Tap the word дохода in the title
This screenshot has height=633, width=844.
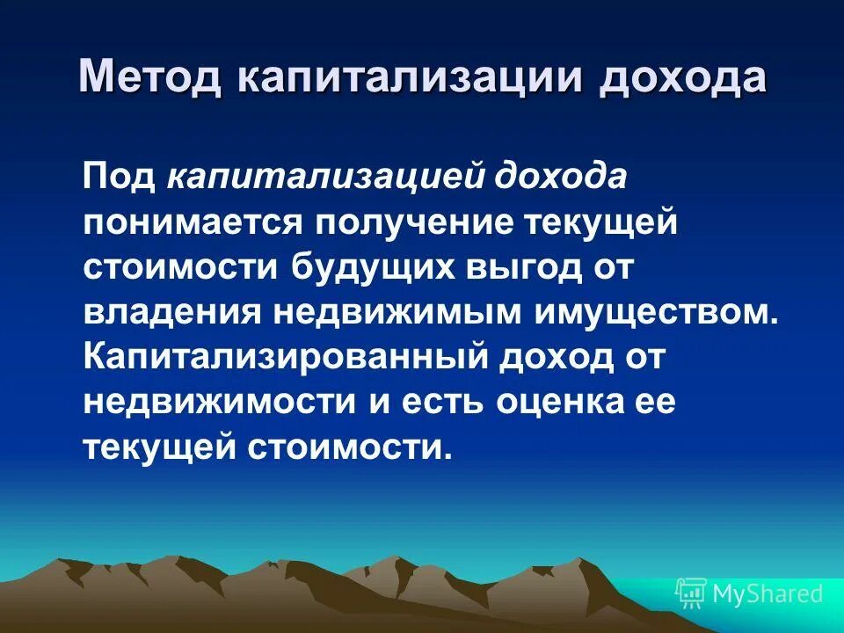pyautogui.click(x=683, y=77)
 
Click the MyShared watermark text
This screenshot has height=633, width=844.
pyautogui.click(x=767, y=593)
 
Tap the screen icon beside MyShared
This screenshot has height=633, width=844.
pyautogui.click(x=690, y=593)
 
